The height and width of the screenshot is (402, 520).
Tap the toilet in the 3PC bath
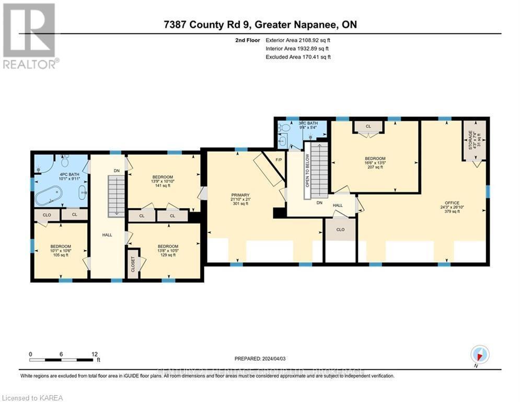tap(283, 127)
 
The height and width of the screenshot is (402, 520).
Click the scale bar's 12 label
tap(94, 354)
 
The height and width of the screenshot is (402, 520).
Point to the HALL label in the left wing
tap(107, 235)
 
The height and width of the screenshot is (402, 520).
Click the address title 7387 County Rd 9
tap(260, 25)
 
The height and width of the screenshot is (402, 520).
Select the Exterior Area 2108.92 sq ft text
tap(298, 39)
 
